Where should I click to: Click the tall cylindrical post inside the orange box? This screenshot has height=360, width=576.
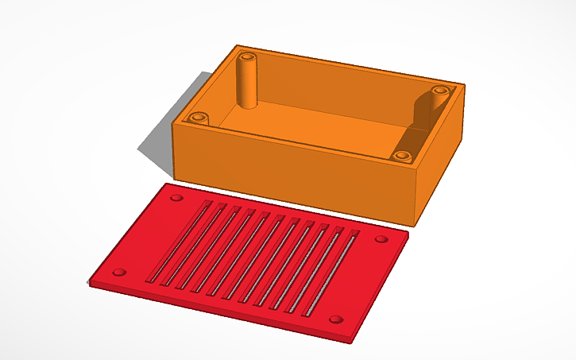tap(249, 79)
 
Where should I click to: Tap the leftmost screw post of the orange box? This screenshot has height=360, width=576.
tap(199, 118)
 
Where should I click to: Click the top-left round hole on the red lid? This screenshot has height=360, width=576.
tap(176, 196)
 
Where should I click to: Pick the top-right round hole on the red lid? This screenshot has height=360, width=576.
tap(381, 238)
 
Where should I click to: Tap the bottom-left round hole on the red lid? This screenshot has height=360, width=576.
tap(119, 272)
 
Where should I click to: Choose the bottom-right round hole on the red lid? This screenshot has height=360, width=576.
tap(337, 319)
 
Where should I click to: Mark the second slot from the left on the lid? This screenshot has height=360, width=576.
tap(193, 246)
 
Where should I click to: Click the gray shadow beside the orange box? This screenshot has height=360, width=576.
tap(159, 147)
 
